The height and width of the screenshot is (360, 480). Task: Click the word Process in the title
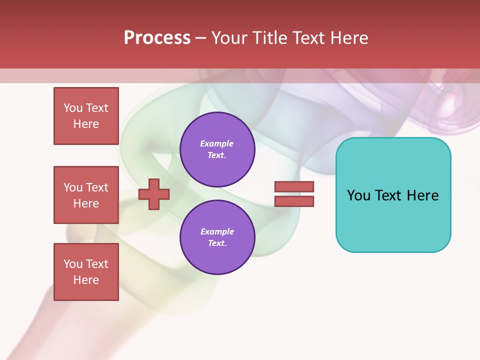pyautogui.click(x=157, y=38)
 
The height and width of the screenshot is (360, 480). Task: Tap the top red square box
pyautogui.click(x=86, y=116)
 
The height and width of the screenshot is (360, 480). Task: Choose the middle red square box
pyautogui.click(x=86, y=195)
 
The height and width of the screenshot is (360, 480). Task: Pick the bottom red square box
pyautogui.click(x=86, y=272)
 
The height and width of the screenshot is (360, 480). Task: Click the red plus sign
pyautogui.click(x=154, y=194)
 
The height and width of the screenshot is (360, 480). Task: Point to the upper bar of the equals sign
pyautogui.click(x=294, y=186)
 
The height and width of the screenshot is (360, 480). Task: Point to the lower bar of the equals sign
pyautogui.click(x=294, y=201)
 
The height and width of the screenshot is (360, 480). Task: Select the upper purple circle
pyautogui.click(x=217, y=149)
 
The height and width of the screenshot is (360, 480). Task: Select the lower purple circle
pyautogui.click(x=217, y=237)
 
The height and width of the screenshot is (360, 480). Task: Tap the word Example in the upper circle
pyautogui.click(x=217, y=143)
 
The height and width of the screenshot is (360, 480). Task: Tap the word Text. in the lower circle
pyautogui.click(x=217, y=243)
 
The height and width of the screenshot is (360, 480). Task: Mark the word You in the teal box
pyautogui.click(x=358, y=195)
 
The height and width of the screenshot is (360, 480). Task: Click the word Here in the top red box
pyautogui.click(x=86, y=124)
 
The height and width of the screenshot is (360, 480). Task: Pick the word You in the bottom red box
pyautogui.click(x=73, y=264)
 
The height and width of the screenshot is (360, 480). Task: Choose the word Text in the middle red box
pyautogui.click(x=97, y=187)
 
